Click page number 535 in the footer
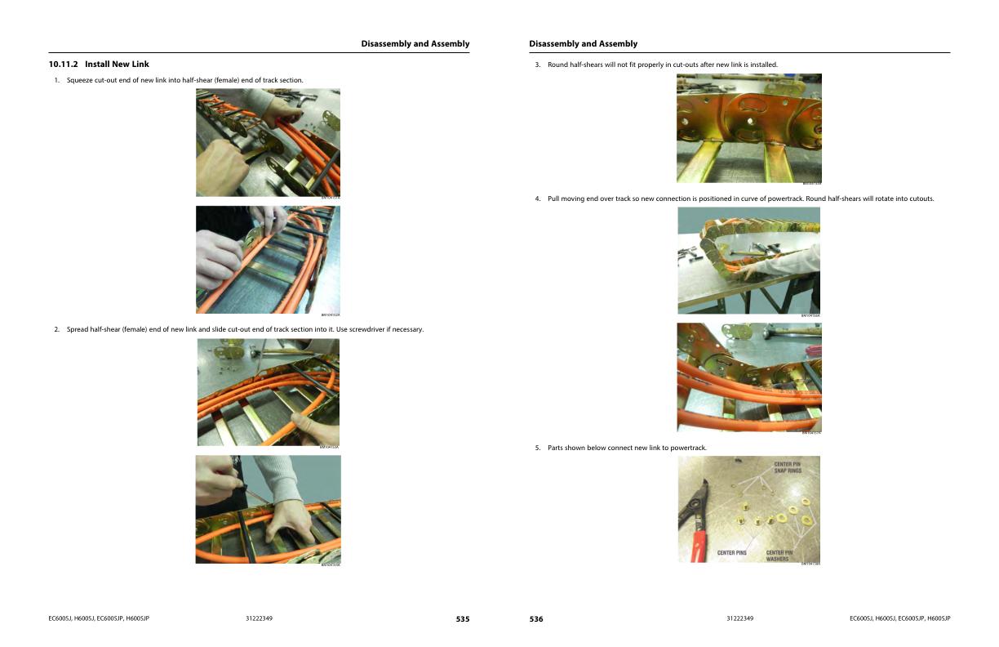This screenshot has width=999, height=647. (x=462, y=619)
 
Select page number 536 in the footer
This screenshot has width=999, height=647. (x=536, y=619)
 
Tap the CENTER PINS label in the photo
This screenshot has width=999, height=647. (x=731, y=553)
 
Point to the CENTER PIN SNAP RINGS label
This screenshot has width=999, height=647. (x=788, y=467)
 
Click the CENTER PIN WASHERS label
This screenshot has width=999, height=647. (x=779, y=556)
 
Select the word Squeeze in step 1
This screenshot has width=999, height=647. (x=80, y=80)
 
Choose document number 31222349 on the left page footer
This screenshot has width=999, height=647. (x=259, y=618)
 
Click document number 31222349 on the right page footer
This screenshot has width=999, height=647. (x=739, y=618)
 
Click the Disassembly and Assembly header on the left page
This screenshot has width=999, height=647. (x=415, y=44)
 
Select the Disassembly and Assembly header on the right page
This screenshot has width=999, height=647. (x=583, y=44)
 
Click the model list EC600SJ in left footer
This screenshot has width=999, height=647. (x=98, y=618)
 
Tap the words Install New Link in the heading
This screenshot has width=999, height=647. (x=117, y=64)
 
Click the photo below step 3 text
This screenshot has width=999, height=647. (x=748, y=128)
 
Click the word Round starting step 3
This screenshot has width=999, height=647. (x=558, y=65)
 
